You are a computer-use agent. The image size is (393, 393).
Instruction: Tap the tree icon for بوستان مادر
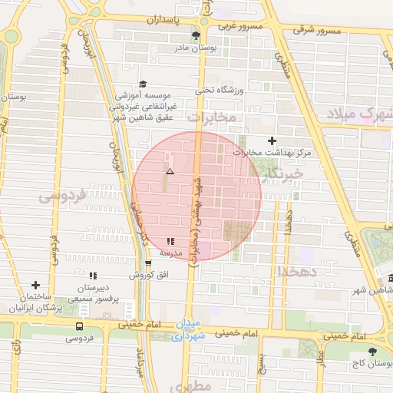point(198,36)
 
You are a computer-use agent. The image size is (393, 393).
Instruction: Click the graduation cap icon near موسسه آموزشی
point(143,84)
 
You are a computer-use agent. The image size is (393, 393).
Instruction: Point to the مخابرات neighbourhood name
point(210,118)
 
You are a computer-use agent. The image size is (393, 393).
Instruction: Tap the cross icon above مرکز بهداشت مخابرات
point(272,140)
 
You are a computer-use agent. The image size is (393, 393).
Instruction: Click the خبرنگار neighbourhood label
point(282,175)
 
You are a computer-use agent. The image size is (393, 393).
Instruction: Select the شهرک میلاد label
point(365,115)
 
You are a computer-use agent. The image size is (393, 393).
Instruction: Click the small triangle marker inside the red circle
point(170,173)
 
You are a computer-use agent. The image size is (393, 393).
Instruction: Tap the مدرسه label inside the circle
point(170,252)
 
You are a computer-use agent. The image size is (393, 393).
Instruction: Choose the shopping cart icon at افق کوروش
point(147,263)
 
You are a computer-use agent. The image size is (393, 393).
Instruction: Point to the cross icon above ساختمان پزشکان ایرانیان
point(35,285)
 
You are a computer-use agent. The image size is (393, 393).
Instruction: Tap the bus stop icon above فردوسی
point(79,326)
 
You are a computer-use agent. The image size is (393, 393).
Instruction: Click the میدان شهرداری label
point(188,329)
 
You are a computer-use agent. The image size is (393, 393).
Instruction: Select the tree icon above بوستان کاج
point(372,351)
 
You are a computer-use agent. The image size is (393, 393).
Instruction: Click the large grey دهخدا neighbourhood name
point(293,270)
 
